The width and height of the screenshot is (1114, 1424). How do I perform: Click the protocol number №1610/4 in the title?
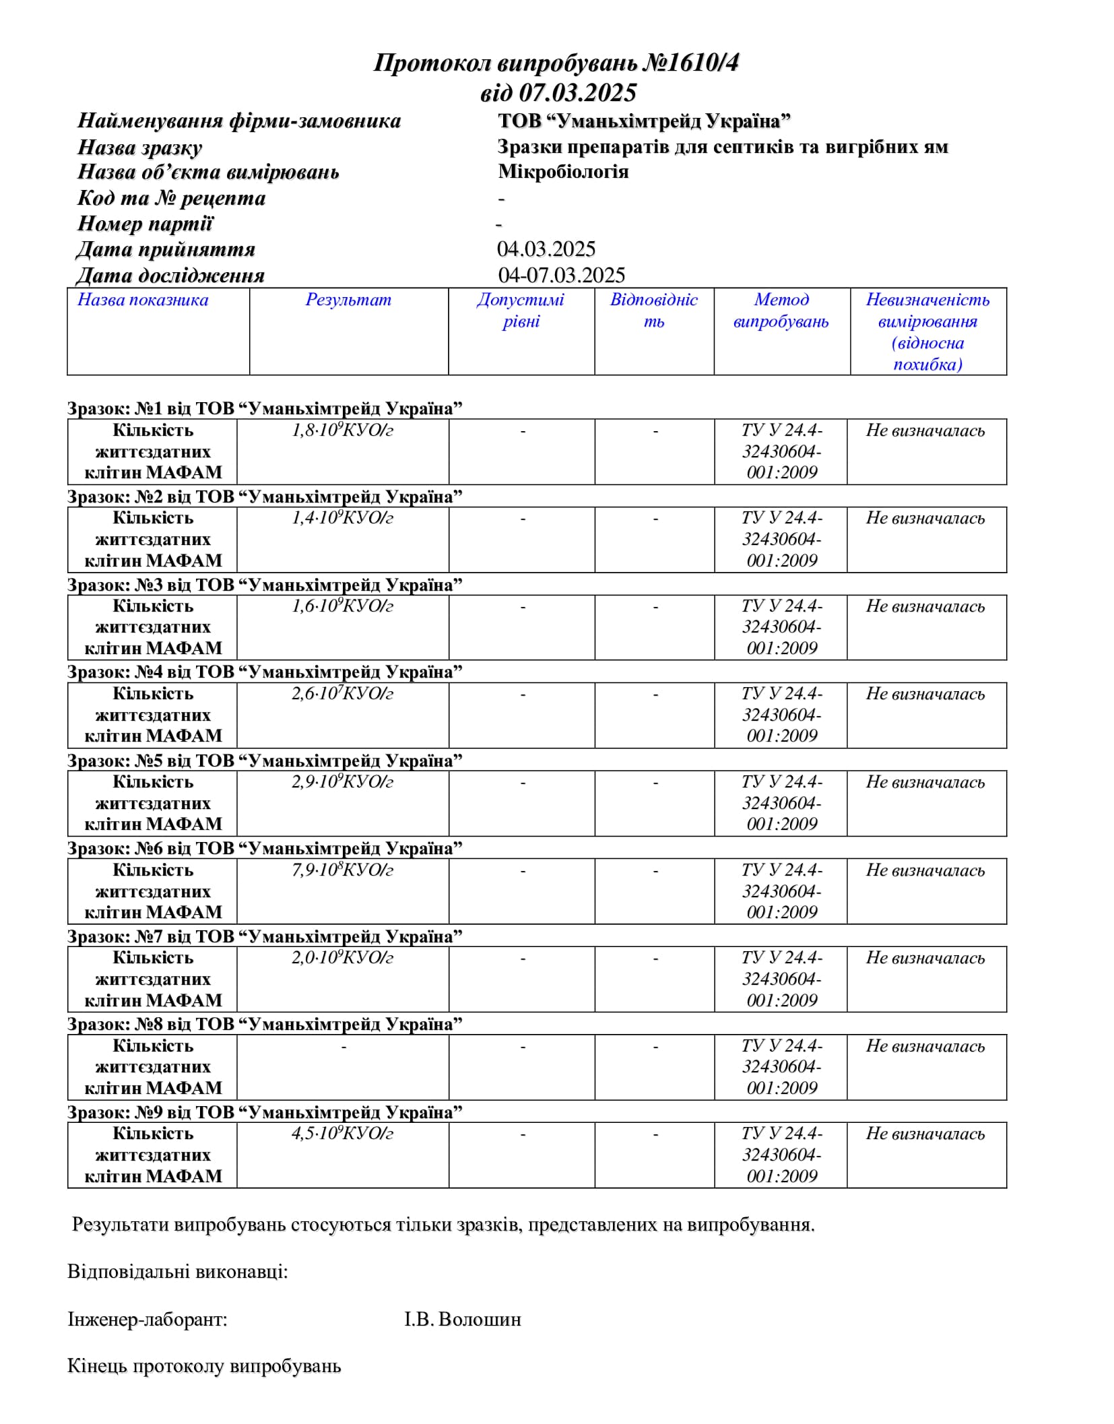(690, 63)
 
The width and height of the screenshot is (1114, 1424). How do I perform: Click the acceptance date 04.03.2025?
(546, 249)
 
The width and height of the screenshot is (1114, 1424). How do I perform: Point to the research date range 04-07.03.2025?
(561, 275)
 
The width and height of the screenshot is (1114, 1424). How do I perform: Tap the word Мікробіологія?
(563, 172)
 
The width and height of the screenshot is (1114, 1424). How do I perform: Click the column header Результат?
(348, 300)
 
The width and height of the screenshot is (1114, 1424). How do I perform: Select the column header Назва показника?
(143, 300)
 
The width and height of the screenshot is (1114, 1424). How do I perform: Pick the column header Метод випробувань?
(781, 311)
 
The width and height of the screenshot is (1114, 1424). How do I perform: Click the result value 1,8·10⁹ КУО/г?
(342, 430)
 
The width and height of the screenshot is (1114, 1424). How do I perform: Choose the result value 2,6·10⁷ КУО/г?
(342, 694)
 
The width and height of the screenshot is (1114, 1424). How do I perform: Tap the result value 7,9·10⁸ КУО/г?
(342, 870)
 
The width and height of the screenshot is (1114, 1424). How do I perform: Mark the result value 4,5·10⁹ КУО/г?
(342, 1134)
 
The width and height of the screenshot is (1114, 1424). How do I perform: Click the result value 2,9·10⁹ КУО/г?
(342, 782)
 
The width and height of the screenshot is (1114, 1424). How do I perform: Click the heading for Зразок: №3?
(265, 585)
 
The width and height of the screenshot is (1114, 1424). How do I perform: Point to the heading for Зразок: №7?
(265, 936)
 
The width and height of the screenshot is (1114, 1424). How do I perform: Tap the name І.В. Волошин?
(462, 1319)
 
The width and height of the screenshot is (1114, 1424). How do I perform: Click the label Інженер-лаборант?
(148, 1319)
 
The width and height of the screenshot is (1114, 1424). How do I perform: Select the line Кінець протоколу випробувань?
(204, 1366)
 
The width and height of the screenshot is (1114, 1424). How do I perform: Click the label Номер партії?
(145, 224)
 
